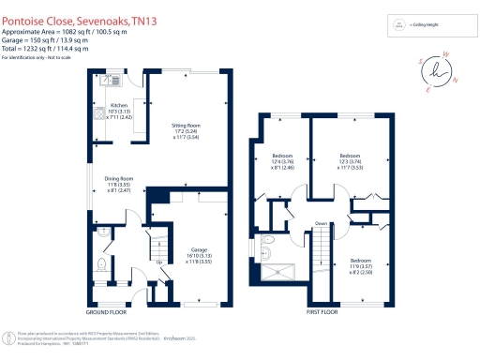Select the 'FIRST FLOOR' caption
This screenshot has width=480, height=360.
[322, 312]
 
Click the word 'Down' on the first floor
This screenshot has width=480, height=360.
[321, 223]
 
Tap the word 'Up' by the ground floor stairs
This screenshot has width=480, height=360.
[157, 262]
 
